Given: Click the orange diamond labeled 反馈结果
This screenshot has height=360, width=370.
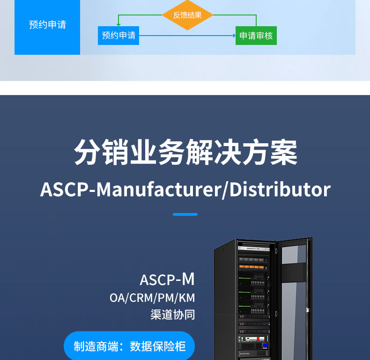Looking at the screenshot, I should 187,15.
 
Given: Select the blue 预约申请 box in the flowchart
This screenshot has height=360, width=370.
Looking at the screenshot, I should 118,36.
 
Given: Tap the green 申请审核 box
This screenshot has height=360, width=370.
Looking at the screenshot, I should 256,36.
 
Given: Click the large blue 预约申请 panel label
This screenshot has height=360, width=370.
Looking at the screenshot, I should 47,25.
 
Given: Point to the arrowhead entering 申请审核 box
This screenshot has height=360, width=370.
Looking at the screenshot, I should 234,36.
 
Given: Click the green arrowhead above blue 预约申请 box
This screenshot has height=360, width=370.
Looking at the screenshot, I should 118,25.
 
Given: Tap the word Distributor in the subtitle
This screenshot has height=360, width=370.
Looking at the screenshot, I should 280,189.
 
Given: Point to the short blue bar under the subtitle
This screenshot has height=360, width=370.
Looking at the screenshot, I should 185,214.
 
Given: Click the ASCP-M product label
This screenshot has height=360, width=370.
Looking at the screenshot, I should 167,279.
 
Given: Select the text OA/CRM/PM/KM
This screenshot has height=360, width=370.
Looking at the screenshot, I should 152,298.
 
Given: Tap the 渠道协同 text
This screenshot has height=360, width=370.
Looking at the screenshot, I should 172,314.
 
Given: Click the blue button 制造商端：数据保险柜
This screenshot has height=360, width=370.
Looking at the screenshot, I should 129,346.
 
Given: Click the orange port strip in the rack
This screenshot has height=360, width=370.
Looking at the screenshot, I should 253,267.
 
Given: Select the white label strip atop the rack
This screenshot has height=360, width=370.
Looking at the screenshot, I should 253,249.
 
